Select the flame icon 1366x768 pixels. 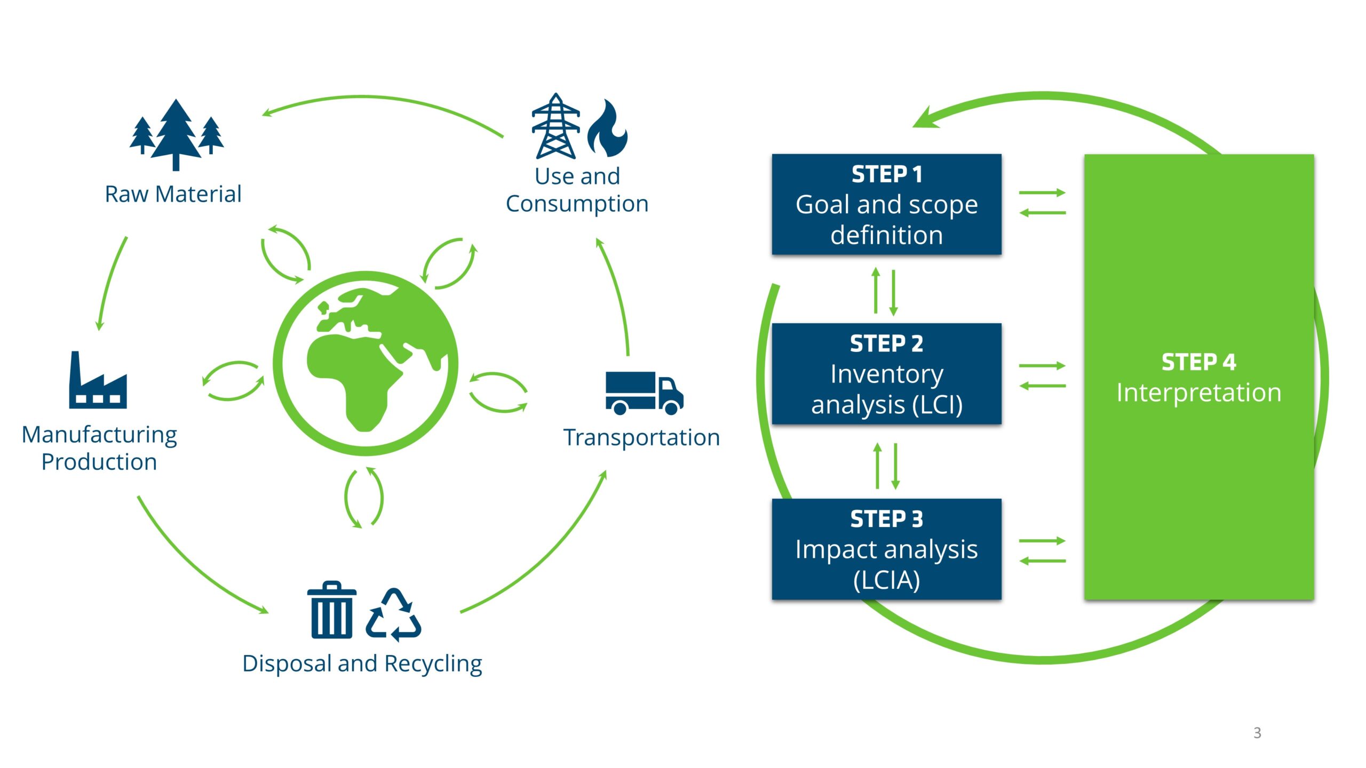608,130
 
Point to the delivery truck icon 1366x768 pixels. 644,393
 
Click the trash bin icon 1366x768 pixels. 331,610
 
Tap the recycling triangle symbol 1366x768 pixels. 394,615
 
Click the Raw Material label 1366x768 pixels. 173,194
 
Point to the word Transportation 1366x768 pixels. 641,438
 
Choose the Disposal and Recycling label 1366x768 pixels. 362,664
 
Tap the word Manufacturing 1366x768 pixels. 99,435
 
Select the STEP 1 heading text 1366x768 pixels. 886,174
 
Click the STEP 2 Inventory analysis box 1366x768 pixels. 886,374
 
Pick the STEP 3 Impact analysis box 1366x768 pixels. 886,549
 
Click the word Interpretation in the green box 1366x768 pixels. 1198,393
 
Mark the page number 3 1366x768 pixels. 1257,733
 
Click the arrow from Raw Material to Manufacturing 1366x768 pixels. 110,283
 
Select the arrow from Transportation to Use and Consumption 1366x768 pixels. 616,293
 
